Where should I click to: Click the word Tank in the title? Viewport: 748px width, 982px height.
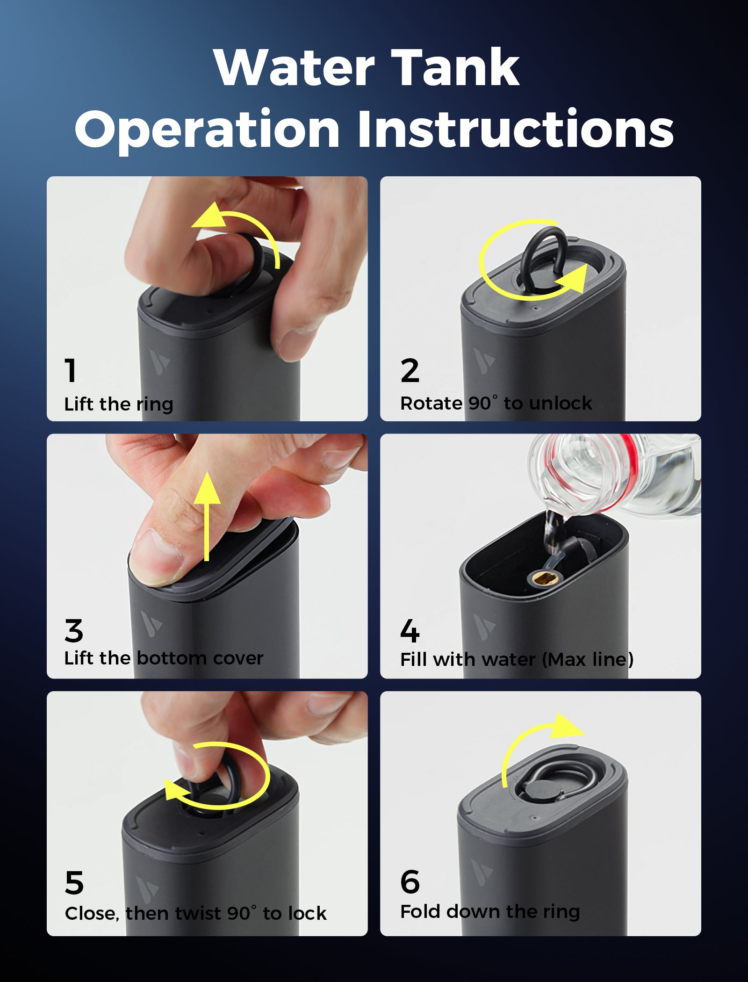(x=455, y=68)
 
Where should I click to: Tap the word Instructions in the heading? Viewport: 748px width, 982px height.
(x=516, y=129)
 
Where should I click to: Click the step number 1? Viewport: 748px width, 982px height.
(x=71, y=370)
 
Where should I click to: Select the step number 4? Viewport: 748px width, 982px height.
(x=410, y=631)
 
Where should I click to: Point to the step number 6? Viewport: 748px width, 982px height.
(x=410, y=882)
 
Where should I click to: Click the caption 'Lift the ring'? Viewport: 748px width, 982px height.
(x=119, y=404)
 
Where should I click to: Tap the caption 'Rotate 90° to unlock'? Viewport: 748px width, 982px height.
(x=496, y=403)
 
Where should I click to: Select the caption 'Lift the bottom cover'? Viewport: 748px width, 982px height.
(x=164, y=658)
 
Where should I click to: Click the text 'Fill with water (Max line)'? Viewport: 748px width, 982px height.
(x=517, y=660)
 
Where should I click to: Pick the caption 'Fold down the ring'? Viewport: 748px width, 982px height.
(x=490, y=912)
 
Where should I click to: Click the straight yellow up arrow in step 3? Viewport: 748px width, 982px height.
(x=207, y=516)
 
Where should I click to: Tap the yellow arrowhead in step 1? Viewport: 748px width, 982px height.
(x=209, y=216)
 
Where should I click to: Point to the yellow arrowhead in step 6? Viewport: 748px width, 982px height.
(x=567, y=726)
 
